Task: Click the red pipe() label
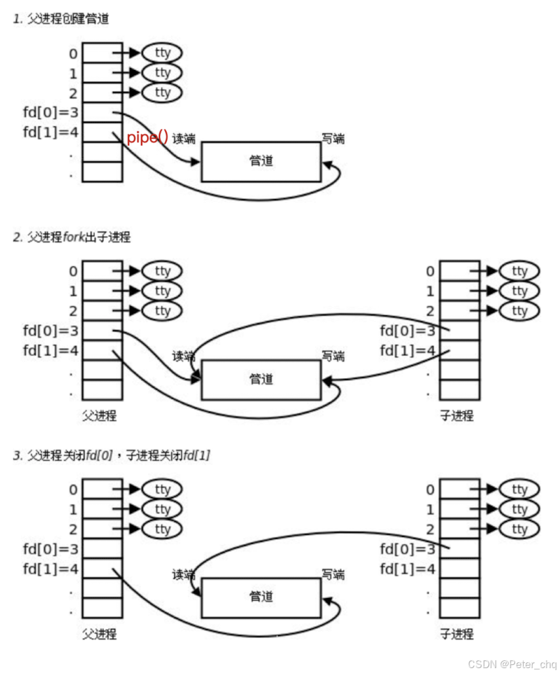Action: pyautogui.click(x=147, y=137)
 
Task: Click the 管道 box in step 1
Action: pyautogui.click(x=261, y=161)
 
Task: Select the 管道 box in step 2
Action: pyautogui.click(x=261, y=379)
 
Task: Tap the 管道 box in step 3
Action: pyautogui.click(x=261, y=597)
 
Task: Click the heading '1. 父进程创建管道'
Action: pyautogui.click(x=60, y=19)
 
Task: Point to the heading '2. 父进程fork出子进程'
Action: pyautogui.click(x=71, y=237)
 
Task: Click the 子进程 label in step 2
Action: pyautogui.click(x=456, y=416)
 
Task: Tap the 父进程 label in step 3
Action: pyautogui.click(x=99, y=633)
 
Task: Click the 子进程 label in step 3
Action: pyautogui.click(x=456, y=633)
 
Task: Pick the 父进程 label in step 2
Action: pyautogui.click(x=99, y=416)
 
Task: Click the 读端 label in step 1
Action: pyautogui.click(x=183, y=139)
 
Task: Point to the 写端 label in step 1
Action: pyautogui.click(x=333, y=139)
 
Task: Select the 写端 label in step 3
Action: pyautogui.click(x=333, y=575)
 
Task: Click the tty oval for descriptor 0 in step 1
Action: pyautogui.click(x=162, y=52)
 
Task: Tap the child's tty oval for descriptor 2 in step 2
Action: pyautogui.click(x=519, y=311)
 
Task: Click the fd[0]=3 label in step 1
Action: pyautogui.click(x=50, y=112)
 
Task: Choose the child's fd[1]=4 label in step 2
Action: pyautogui.click(x=408, y=350)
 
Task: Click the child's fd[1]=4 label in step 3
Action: pyautogui.click(x=408, y=569)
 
